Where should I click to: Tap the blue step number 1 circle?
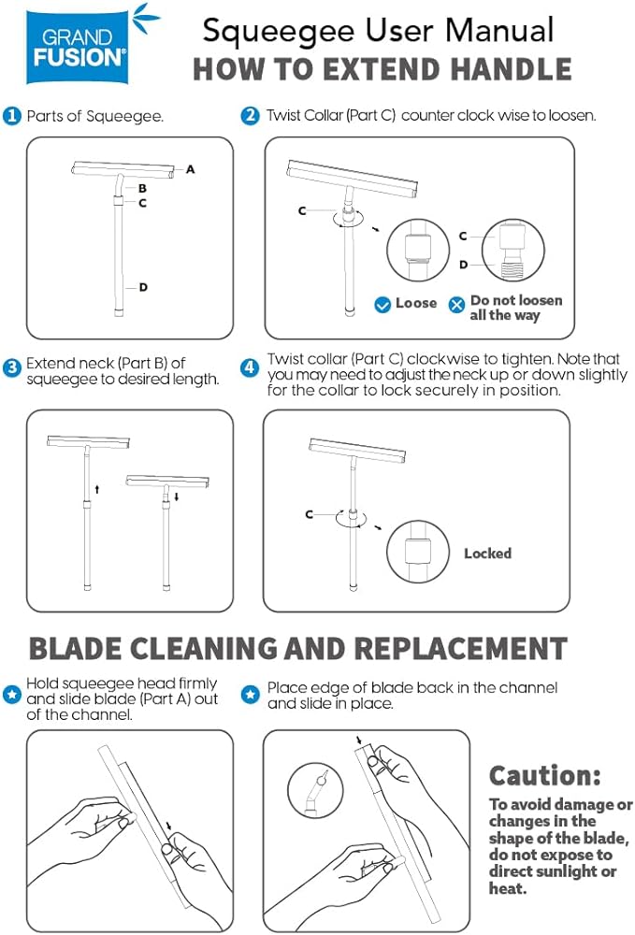point(11,116)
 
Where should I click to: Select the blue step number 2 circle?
point(251,116)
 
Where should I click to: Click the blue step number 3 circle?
point(12,367)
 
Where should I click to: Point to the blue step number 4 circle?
point(250,367)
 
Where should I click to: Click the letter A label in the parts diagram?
point(190,169)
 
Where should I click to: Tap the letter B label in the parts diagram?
point(142,189)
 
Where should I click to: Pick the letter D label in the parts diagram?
point(143,287)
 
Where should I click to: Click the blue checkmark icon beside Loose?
point(382,305)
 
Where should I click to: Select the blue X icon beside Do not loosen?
point(456,305)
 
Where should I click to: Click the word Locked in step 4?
point(488,554)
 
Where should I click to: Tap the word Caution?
point(545,776)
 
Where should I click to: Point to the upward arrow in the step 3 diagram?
point(97,490)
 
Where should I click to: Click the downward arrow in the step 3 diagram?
point(177,496)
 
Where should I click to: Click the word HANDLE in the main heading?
point(511,69)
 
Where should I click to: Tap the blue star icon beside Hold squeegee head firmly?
point(12,694)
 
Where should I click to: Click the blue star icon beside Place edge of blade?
point(251,694)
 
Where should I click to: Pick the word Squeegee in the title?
point(279,32)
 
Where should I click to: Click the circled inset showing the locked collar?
point(417,552)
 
